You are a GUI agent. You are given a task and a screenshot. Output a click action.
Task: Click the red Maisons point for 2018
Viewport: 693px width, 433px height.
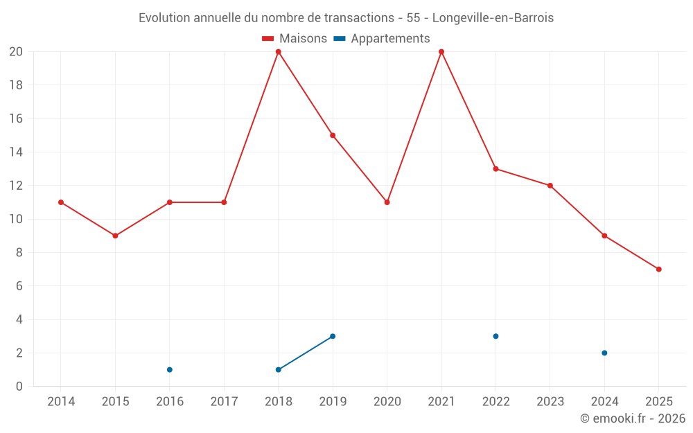(279, 52)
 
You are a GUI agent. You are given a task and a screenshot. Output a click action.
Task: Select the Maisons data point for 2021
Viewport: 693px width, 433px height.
(441, 52)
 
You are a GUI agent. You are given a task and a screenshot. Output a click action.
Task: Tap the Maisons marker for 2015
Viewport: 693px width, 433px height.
(115, 236)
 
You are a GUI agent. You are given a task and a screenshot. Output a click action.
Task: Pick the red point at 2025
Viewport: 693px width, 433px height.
(659, 269)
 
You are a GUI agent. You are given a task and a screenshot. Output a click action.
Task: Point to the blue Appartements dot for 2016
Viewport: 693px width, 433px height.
(170, 369)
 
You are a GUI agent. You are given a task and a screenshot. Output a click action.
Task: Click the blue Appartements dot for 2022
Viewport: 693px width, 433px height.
(495, 336)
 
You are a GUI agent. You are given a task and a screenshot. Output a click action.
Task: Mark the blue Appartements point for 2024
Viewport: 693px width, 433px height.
(604, 353)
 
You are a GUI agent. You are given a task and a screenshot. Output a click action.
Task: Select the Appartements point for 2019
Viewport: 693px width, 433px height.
(333, 336)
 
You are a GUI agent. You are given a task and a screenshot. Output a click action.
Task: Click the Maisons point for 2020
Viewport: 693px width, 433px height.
(387, 202)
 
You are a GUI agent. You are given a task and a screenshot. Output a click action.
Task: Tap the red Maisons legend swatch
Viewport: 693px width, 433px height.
(268, 39)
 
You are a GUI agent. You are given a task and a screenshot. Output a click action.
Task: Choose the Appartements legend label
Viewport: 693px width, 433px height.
(390, 39)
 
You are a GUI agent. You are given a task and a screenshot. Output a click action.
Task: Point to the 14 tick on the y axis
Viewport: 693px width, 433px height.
(16, 152)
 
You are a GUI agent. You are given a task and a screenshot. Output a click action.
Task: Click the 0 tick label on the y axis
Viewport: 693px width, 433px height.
(19, 387)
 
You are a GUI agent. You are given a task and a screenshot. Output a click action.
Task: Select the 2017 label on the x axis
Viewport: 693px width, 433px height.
(224, 402)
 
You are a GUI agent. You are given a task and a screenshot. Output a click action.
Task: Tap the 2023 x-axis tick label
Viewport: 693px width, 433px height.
(550, 402)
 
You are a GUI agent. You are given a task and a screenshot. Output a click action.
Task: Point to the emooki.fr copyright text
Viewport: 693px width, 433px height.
(633, 418)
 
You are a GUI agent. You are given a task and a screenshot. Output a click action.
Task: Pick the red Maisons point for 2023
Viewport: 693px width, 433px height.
(550, 186)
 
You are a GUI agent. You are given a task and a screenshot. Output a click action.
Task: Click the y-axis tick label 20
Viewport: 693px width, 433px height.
(16, 52)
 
